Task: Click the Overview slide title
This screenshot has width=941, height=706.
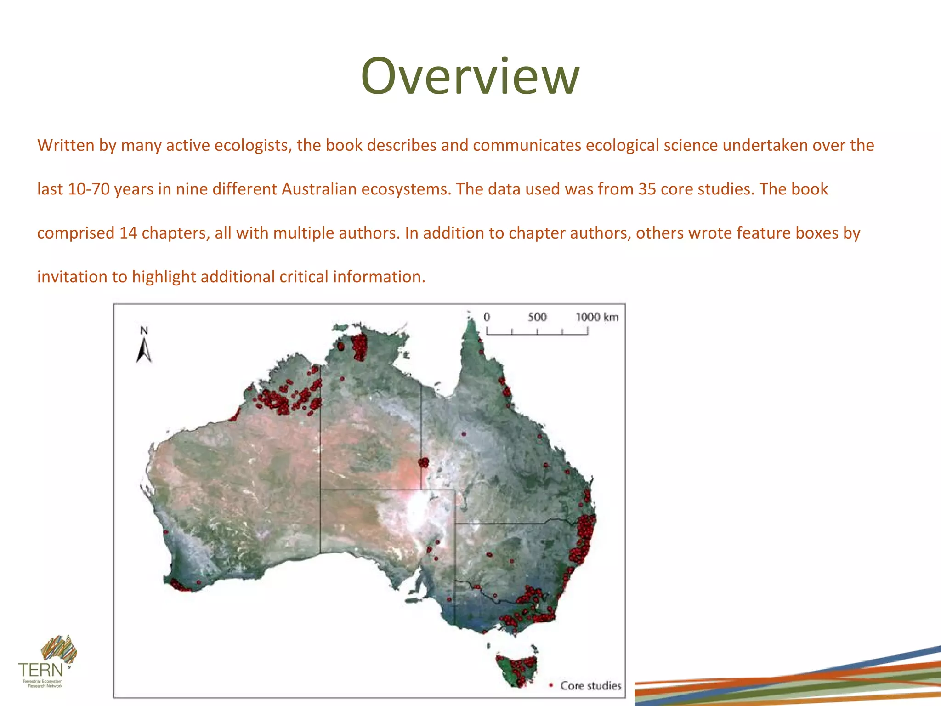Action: [470, 76]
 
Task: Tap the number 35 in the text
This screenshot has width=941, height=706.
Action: [647, 189]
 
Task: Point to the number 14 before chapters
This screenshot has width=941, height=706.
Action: [128, 233]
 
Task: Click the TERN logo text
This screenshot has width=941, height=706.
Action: [40, 669]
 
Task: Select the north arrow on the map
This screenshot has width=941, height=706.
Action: [144, 351]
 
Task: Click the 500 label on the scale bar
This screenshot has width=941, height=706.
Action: [537, 317]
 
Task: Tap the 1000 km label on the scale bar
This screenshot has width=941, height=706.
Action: [596, 317]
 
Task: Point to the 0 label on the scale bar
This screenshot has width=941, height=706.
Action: [487, 317]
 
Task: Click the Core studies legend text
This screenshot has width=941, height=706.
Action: [590, 685]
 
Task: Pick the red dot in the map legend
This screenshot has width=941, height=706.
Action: [551, 685]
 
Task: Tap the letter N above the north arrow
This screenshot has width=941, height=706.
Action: [144, 330]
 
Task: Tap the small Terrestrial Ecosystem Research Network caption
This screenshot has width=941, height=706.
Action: [43, 683]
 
